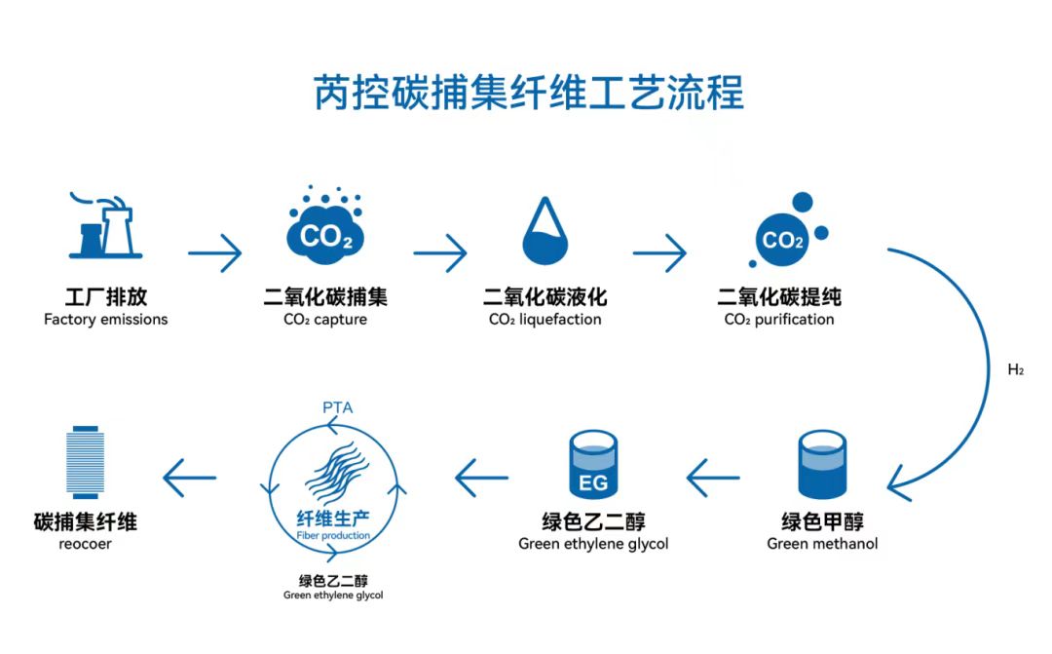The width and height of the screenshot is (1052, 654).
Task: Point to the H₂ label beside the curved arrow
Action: tap(1015, 370)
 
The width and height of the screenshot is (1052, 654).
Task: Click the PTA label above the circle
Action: tap(336, 406)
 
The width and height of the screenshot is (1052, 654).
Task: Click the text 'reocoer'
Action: tap(85, 544)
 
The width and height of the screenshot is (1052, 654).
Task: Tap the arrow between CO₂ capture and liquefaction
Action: tap(439, 253)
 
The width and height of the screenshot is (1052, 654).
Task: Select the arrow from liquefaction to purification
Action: tap(659, 253)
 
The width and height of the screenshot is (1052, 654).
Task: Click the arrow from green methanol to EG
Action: tap(713, 478)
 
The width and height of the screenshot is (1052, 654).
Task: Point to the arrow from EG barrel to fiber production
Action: tap(482, 478)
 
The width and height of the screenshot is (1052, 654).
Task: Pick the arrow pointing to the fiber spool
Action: tap(190, 478)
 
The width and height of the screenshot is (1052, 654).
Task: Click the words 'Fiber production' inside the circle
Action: tap(332, 536)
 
